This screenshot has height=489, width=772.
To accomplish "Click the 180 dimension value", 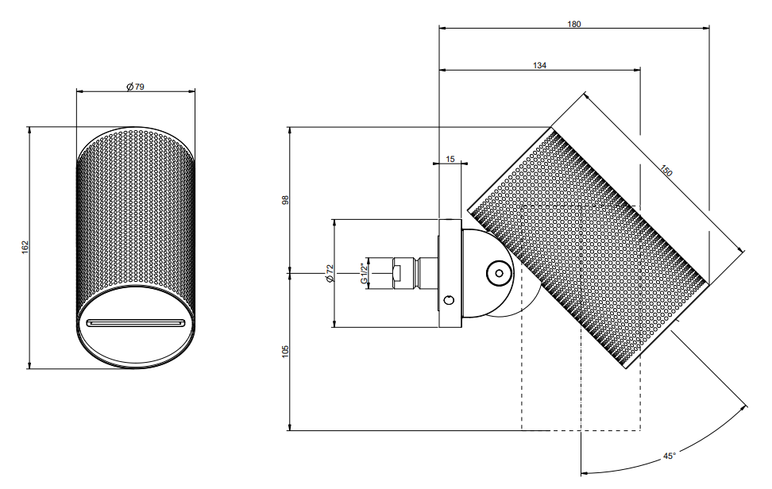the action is (574, 24).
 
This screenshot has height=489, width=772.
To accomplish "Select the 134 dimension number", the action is (539, 65).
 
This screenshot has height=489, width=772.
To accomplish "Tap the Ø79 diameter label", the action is (135, 87).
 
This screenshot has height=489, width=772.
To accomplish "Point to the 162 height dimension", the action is (25, 248).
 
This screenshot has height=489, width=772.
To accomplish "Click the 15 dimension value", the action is (450, 159).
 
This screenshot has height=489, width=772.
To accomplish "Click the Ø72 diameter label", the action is (330, 273).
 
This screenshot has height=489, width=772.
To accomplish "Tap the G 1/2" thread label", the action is (364, 274).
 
